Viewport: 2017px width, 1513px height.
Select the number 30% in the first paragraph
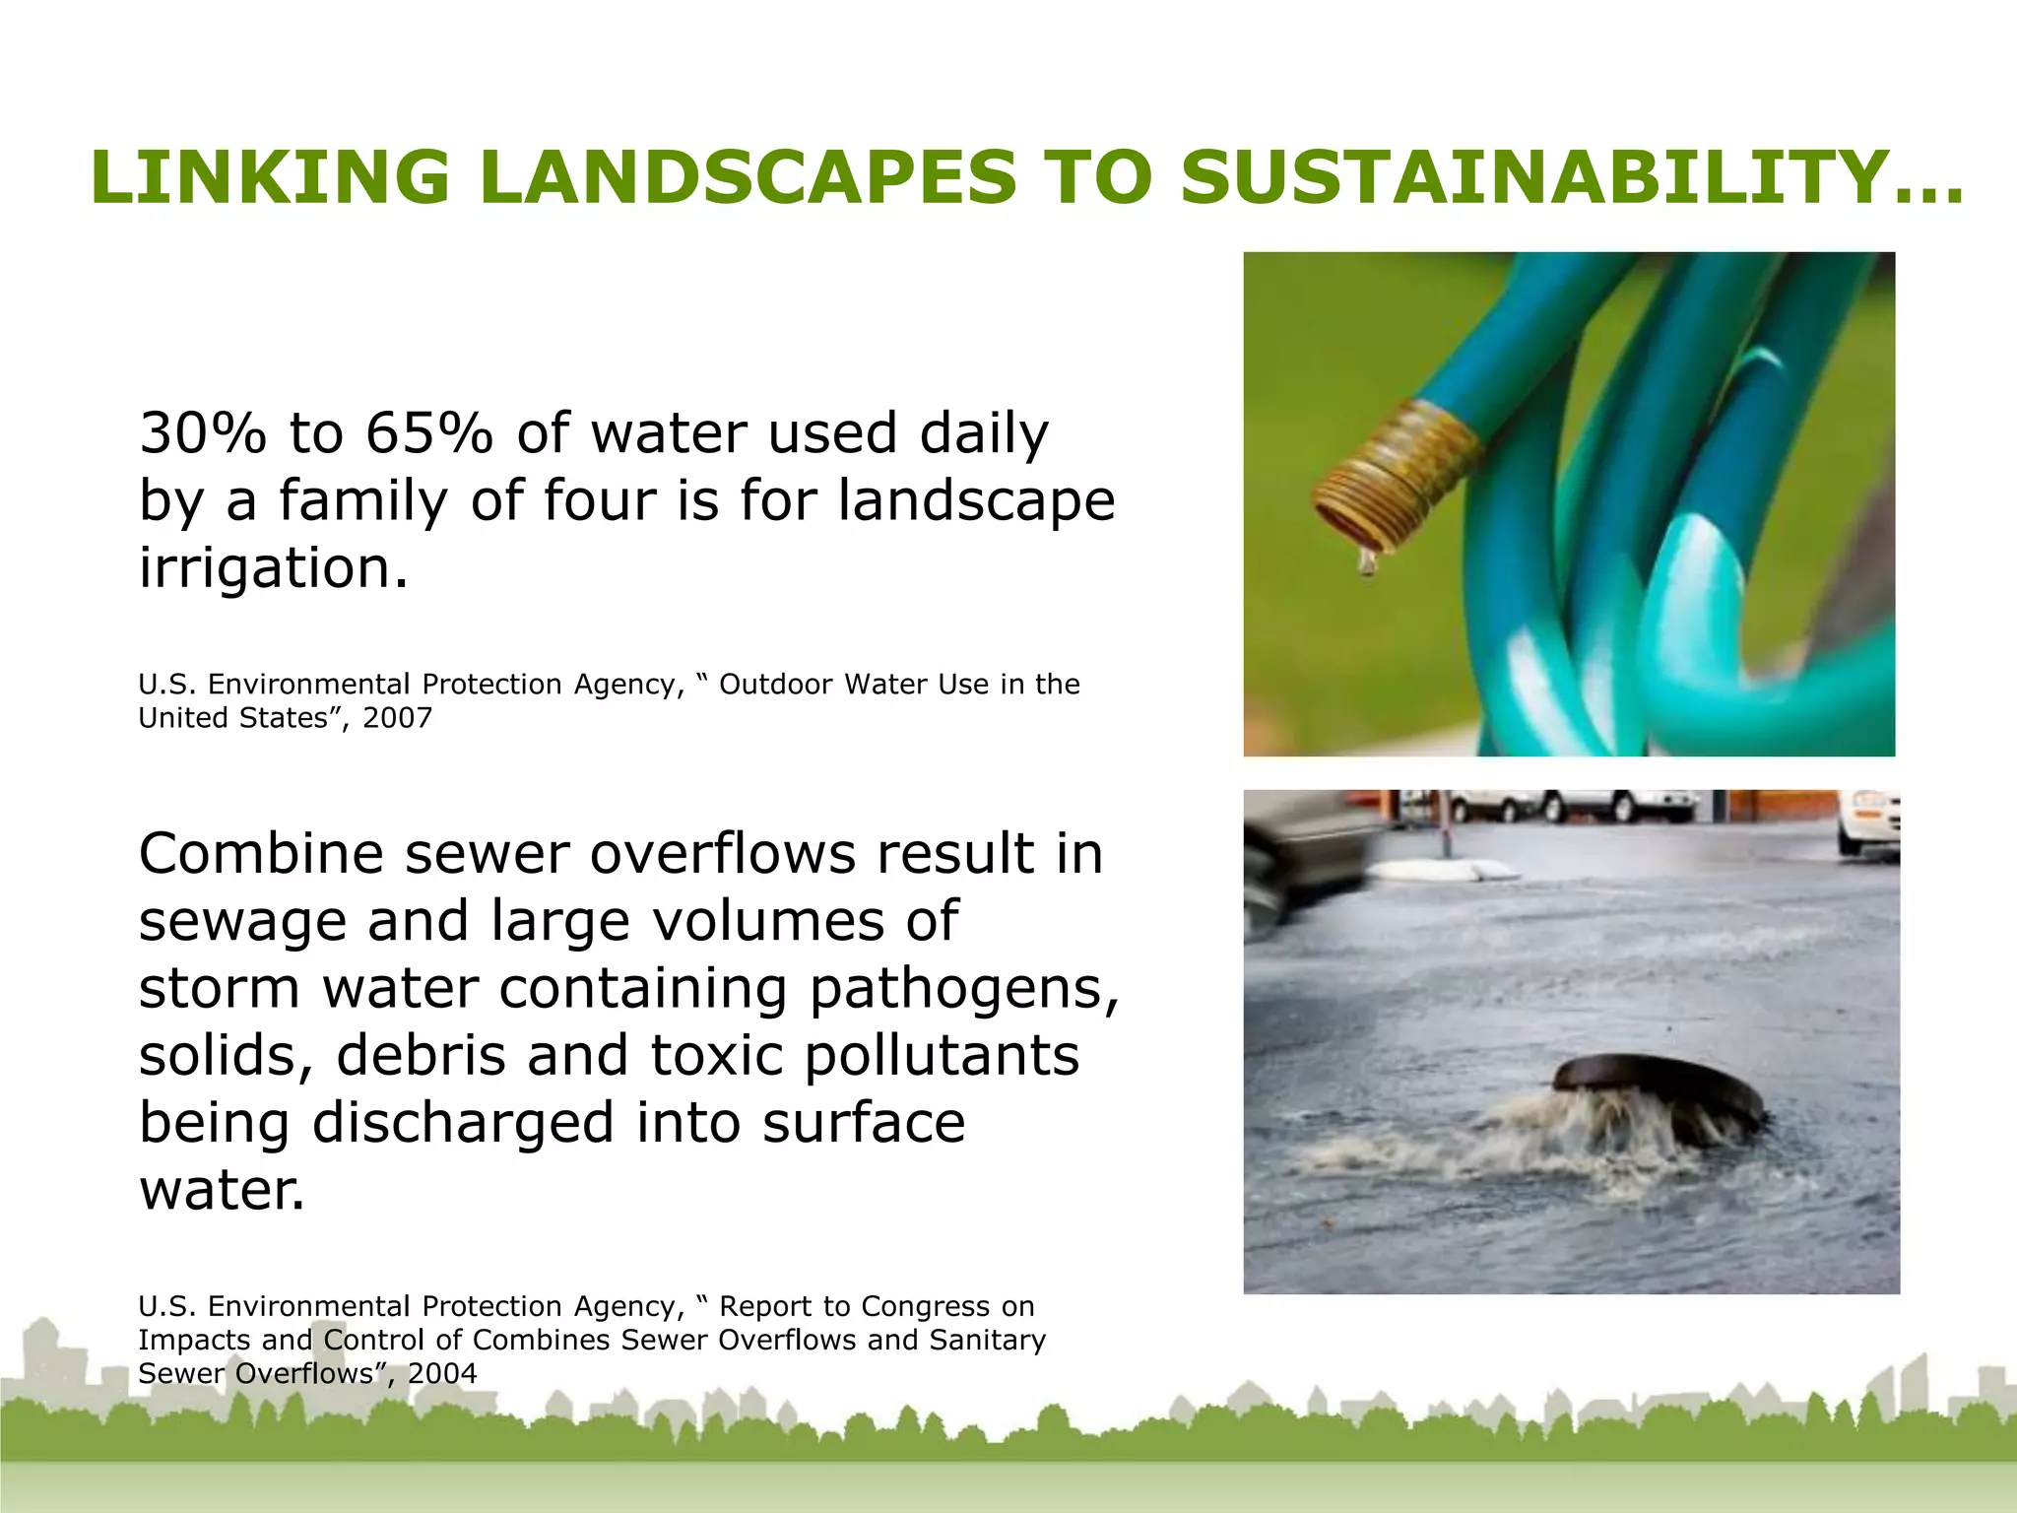(x=202, y=433)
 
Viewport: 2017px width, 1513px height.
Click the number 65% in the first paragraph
(x=428, y=433)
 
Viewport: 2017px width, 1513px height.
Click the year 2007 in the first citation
(x=397, y=717)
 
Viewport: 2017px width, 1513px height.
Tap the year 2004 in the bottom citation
(x=442, y=1373)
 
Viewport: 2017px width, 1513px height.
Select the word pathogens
(x=963, y=989)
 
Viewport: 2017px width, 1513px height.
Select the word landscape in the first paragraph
(x=976, y=500)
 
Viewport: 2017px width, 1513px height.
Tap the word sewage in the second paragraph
(x=240, y=921)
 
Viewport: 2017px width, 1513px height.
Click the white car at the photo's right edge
(x=1868, y=820)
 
